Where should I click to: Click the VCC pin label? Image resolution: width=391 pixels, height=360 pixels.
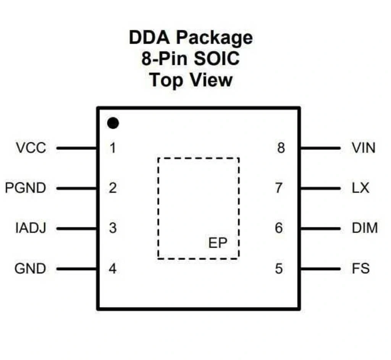(x=31, y=148)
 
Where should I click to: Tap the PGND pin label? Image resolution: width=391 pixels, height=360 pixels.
(x=25, y=188)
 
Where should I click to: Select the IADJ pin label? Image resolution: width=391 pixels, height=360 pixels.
(x=31, y=228)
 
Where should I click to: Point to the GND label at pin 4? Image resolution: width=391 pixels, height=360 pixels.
(x=30, y=269)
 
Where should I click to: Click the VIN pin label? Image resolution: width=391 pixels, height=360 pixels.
(x=364, y=148)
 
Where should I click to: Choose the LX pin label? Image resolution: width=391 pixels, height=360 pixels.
(x=360, y=188)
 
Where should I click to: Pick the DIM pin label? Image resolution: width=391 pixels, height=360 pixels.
(x=365, y=228)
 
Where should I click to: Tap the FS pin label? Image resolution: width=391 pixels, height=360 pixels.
(x=360, y=269)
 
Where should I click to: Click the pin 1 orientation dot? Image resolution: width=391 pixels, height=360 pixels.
(x=113, y=123)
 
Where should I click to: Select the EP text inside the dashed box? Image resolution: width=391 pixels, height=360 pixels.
(x=218, y=243)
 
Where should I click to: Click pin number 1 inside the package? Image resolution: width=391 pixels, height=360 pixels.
(x=112, y=148)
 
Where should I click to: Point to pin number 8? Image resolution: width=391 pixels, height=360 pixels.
(x=281, y=148)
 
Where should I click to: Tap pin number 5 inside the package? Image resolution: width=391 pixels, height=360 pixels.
(x=279, y=269)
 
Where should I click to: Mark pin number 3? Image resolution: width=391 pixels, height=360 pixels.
(x=112, y=228)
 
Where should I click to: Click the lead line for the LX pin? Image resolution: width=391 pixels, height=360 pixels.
(x=320, y=188)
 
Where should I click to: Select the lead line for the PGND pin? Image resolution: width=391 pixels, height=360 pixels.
(x=77, y=188)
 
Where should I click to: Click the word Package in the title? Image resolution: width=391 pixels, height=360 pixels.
(x=215, y=38)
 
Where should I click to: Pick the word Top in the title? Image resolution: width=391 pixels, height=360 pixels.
(x=165, y=80)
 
